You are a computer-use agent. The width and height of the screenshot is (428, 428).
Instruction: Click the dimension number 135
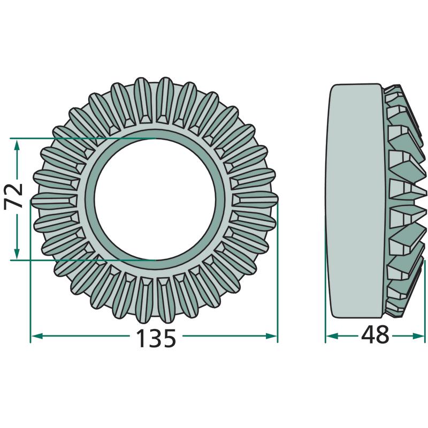(x=156, y=338)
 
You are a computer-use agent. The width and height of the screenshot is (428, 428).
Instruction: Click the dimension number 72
(x=14, y=196)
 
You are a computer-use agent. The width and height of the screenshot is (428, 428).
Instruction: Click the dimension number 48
(x=375, y=335)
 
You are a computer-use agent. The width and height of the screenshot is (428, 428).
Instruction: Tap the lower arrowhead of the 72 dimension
(x=17, y=253)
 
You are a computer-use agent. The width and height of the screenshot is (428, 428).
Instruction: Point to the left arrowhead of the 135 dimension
(x=36, y=336)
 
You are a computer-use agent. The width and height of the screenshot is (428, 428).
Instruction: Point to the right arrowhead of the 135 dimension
(x=271, y=336)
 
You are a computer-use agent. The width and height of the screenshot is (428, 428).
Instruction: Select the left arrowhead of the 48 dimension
(x=332, y=336)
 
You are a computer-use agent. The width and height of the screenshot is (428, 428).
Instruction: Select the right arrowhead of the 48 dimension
(x=419, y=336)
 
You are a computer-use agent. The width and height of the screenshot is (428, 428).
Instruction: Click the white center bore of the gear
(x=155, y=199)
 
